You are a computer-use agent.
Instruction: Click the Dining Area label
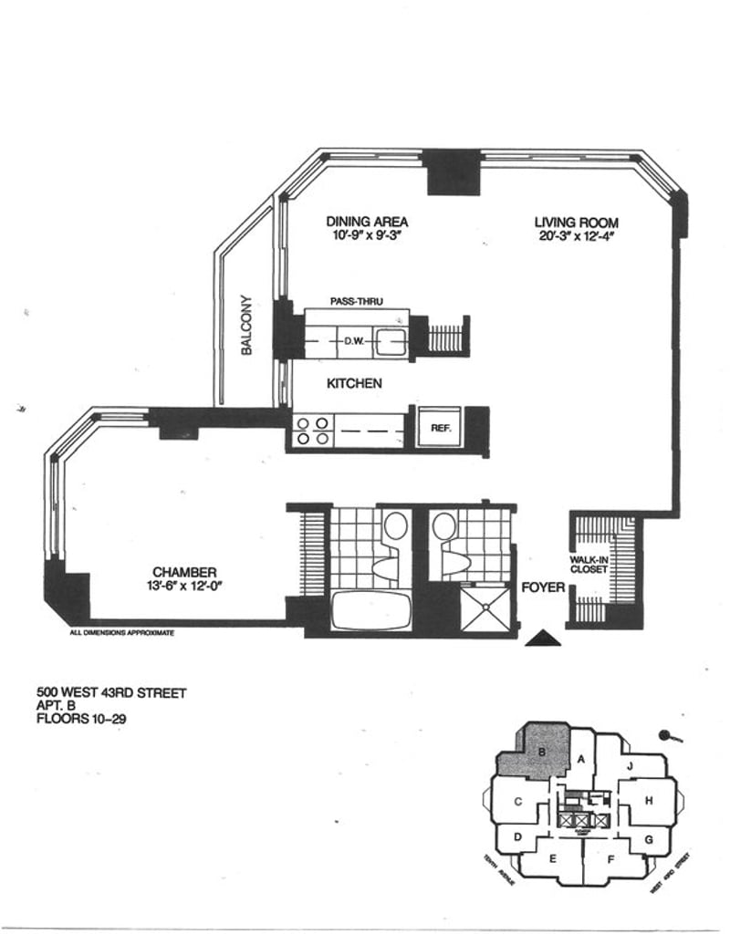point(367,222)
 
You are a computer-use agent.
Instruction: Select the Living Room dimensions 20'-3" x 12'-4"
point(577,238)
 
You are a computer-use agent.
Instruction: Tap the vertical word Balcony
point(245,325)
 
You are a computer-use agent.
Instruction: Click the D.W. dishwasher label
point(354,341)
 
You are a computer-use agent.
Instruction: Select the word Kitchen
point(354,384)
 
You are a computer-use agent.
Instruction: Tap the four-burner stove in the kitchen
point(311,431)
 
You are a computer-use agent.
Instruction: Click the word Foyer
point(542,587)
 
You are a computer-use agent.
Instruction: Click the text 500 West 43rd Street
point(110,692)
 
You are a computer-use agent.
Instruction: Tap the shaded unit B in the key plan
point(542,753)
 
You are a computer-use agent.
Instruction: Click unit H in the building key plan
point(648,800)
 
